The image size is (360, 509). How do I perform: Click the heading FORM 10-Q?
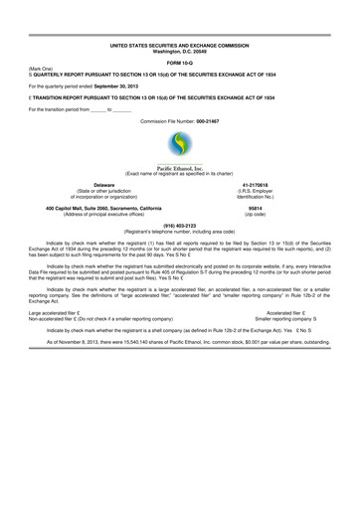[x=180, y=64]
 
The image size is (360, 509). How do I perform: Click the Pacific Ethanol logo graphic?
[x=180, y=145]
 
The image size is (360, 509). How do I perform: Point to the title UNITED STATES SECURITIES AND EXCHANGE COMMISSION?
[x=180, y=46]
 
